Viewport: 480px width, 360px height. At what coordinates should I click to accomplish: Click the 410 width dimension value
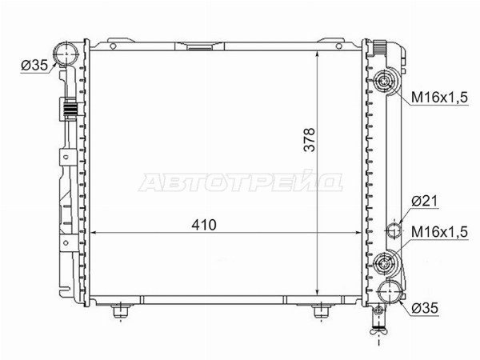coord(204,225)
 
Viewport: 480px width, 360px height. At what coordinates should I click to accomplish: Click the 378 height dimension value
coord(309,139)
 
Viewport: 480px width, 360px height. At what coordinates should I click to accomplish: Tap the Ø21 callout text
coord(425,201)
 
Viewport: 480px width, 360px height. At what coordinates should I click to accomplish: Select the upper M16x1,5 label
coord(439,98)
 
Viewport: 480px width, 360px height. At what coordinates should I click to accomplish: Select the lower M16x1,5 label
coord(439,232)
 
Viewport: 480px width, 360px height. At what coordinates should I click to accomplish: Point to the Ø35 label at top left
coord(34,66)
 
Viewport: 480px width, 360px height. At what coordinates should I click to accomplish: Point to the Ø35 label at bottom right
coord(425,308)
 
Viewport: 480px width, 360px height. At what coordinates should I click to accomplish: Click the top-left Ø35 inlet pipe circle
coord(66,54)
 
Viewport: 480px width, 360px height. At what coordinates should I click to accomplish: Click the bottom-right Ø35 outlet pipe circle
coord(390,292)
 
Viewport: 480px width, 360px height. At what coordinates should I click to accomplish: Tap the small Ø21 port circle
coord(394,230)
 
